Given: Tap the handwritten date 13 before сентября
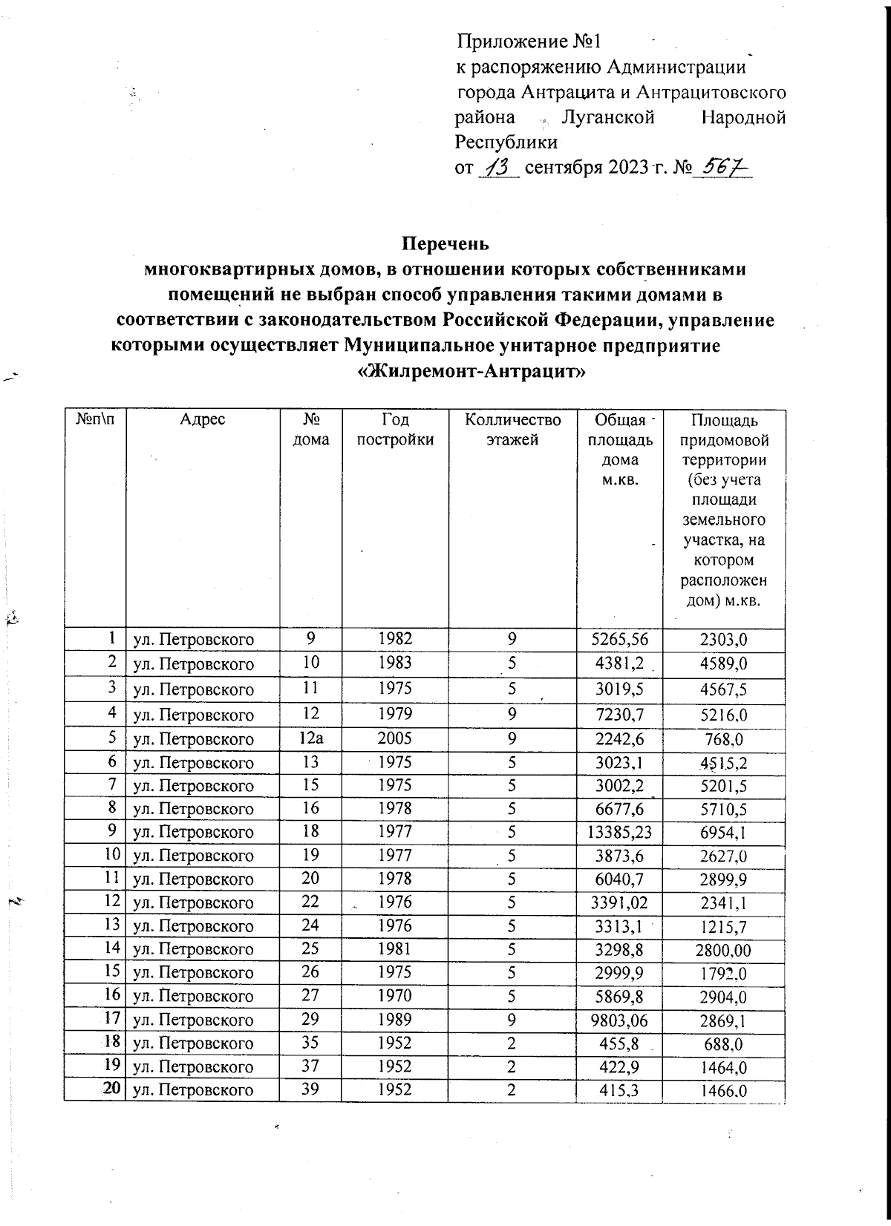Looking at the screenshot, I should [x=497, y=168].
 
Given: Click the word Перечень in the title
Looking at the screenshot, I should [x=445, y=243].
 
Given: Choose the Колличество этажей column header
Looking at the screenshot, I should [x=512, y=429].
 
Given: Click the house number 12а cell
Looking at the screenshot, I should [x=311, y=738].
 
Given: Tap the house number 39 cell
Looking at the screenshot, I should [x=311, y=1089].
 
